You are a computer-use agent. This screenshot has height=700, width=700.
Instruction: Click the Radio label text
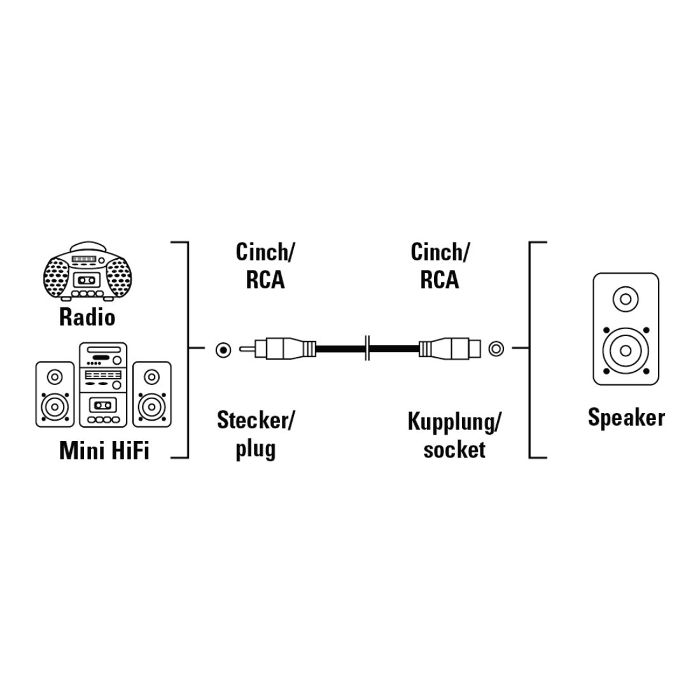click(x=87, y=318)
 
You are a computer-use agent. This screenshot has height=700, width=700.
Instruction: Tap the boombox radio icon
click(x=88, y=272)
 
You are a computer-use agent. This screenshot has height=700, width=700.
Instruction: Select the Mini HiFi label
click(x=104, y=450)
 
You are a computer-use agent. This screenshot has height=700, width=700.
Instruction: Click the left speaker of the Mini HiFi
click(x=55, y=394)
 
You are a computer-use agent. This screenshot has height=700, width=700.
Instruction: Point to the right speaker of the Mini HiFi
click(x=152, y=394)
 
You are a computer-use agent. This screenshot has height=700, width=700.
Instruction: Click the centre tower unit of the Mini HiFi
click(x=103, y=385)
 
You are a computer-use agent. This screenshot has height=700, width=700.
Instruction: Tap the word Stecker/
click(x=256, y=420)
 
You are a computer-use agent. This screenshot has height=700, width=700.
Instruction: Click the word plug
click(x=255, y=449)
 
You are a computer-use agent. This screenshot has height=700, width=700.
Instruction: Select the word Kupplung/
click(x=454, y=421)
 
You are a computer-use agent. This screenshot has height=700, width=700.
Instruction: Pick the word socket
click(x=454, y=449)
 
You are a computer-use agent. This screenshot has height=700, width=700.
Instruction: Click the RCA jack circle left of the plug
click(x=223, y=349)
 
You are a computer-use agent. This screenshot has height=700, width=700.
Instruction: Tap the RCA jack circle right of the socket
click(x=496, y=348)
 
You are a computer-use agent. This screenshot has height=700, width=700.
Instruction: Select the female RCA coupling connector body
click(x=450, y=348)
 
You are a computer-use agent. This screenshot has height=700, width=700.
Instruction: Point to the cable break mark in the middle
click(x=367, y=348)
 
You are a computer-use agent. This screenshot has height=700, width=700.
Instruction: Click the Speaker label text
click(x=626, y=418)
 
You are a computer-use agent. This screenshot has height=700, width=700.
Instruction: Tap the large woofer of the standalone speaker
click(x=626, y=350)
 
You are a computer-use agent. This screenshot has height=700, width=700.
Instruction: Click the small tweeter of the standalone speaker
click(x=626, y=299)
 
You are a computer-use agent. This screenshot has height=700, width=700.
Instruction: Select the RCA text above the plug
click(x=265, y=281)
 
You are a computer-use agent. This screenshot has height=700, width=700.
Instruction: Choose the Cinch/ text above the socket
click(x=440, y=252)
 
